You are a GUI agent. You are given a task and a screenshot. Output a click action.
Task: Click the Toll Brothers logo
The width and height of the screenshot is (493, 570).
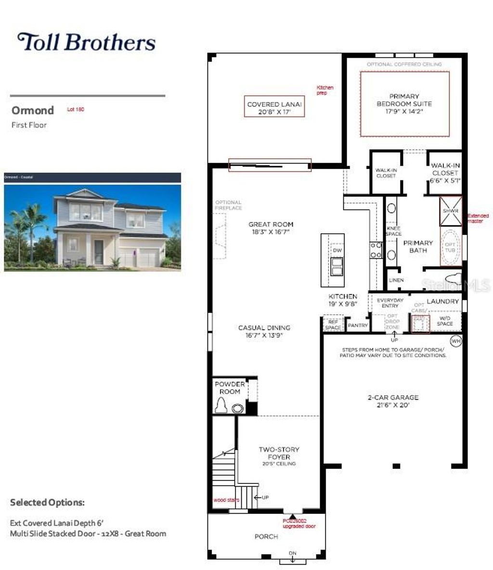click(87, 42)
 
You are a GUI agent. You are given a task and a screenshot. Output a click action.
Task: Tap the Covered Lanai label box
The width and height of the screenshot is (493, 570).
click(274, 108)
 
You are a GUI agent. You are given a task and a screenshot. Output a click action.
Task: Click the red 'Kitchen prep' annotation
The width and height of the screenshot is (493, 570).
click(324, 90)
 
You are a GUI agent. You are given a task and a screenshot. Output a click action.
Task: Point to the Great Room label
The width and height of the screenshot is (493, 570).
click(271, 228)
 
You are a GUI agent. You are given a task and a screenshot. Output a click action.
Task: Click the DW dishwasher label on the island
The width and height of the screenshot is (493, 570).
click(337, 251)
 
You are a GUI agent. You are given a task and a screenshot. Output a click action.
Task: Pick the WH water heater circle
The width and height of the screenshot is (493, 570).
click(455, 341)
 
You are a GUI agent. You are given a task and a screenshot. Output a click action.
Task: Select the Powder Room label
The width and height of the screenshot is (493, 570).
click(230, 388)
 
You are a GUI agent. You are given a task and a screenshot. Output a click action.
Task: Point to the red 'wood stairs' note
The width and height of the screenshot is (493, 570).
click(226, 500)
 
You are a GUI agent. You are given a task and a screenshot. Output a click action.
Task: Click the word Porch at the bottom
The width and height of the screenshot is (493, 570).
click(266, 536)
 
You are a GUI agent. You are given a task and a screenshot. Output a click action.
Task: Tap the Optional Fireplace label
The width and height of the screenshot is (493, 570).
click(228, 205)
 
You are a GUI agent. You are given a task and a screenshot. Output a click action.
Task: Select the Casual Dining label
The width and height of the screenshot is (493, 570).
click(264, 331)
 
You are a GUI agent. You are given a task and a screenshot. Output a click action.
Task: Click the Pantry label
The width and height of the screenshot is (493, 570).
click(358, 326)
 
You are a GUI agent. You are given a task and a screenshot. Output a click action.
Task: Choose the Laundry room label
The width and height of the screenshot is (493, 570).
click(442, 302)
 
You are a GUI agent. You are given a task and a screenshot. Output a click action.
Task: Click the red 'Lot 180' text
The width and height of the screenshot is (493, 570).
click(76, 110)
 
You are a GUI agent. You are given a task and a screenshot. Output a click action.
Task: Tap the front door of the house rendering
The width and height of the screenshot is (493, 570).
click(99, 252)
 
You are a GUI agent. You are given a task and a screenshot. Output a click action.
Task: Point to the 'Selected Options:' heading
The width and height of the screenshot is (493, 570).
click(47, 503)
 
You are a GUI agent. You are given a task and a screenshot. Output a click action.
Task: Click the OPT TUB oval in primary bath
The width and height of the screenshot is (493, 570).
click(450, 247)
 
